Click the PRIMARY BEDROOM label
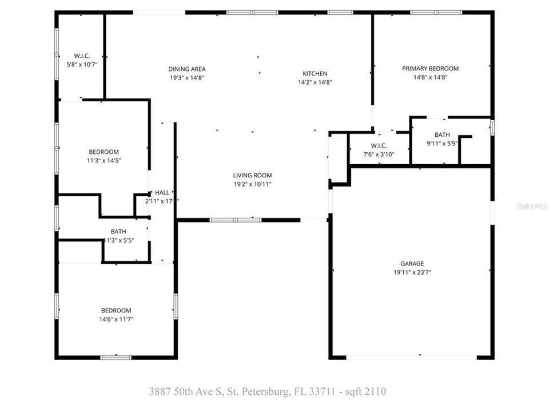pos(430,69)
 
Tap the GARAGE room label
pos(412,264)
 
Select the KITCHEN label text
pos(315,73)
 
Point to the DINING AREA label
pos(187,69)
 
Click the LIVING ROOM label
pos(252,176)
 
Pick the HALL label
pos(162,193)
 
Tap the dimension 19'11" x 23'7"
pos(412,273)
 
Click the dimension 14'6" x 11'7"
pos(116,319)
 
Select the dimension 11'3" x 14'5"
pos(104,161)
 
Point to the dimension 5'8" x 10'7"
pos(81,65)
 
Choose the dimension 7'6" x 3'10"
pos(379,154)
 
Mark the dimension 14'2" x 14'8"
pos(315,82)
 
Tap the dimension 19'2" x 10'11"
pos(252,184)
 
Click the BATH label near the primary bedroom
pos(442,135)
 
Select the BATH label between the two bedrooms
pos(118,232)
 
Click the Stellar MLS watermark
pos(531,205)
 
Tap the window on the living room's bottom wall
pos(235,220)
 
